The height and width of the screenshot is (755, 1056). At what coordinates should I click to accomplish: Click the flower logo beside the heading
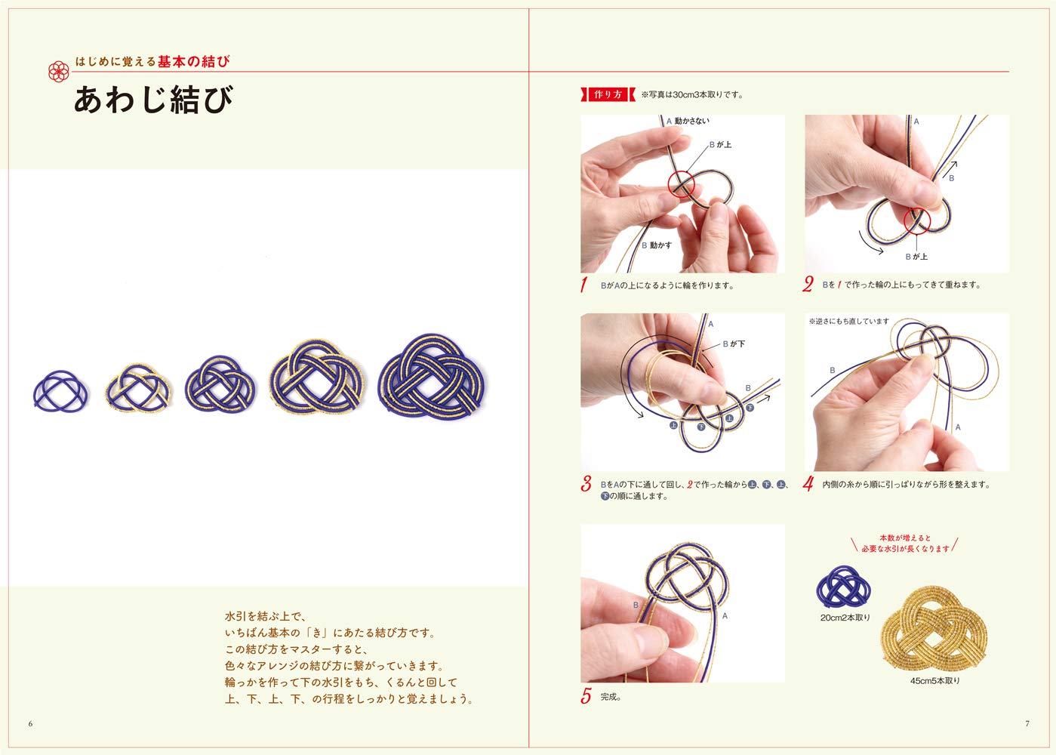pyautogui.click(x=58, y=71)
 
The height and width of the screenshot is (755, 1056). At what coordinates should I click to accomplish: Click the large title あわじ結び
pyautogui.click(x=154, y=100)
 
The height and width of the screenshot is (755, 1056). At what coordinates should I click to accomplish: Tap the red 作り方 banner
pyautogui.click(x=608, y=94)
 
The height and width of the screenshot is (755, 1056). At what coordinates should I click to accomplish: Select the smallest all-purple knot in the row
pyautogui.click(x=61, y=391)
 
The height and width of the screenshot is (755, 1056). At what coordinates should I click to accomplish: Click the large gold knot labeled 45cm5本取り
pyautogui.click(x=934, y=631)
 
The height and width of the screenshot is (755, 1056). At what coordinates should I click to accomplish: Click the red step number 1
pyautogui.click(x=584, y=285)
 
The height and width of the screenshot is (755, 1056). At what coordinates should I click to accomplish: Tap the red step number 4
pyautogui.click(x=808, y=484)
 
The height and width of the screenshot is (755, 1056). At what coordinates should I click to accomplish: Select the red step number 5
pyautogui.click(x=586, y=696)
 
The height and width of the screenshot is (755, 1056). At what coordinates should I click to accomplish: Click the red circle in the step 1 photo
pyautogui.click(x=681, y=184)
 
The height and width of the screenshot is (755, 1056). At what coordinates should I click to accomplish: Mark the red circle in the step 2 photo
pyautogui.click(x=917, y=220)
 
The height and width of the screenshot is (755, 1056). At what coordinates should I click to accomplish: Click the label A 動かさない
pyautogui.click(x=688, y=122)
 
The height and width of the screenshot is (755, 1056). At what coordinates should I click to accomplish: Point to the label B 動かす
pyautogui.click(x=657, y=245)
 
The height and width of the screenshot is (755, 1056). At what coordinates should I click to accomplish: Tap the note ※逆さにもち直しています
pyautogui.click(x=848, y=322)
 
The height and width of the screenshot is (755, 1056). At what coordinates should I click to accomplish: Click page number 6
pyautogui.click(x=31, y=723)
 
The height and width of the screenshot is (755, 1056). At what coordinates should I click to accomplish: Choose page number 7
pyautogui.click(x=1027, y=723)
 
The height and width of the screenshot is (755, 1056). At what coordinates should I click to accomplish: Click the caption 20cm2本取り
pyautogui.click(x=845, y=618)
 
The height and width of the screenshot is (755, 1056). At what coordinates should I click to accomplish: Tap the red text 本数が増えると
pyautogui.click(x=906, y=538)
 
